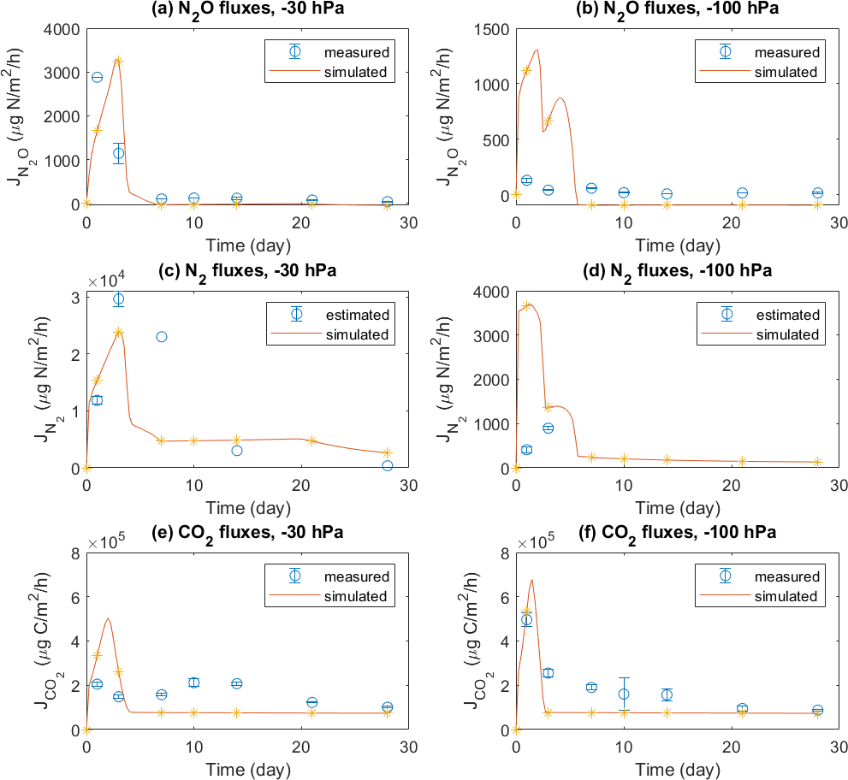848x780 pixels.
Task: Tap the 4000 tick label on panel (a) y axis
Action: (63, 29)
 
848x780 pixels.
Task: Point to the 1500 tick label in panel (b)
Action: (493, 29)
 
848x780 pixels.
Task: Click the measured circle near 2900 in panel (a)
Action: (97, 77)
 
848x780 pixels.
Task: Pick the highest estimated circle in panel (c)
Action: (118, 298)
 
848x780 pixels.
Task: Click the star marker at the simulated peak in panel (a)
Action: (118, 61)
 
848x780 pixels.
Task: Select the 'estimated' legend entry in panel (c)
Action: (357, 315)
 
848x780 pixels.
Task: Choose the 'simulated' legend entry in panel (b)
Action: (786, 73)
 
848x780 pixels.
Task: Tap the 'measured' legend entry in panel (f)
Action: (786, 576)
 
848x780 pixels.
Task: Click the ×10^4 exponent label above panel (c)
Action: (106, 279)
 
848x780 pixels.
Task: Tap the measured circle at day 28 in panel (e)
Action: (387, 707)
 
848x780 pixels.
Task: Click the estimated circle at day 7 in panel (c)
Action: (162, 337)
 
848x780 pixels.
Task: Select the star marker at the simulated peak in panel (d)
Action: (527, 305)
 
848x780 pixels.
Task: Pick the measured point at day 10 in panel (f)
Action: (624, 694)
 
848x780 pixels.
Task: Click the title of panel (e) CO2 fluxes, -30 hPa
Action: (247, 532)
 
